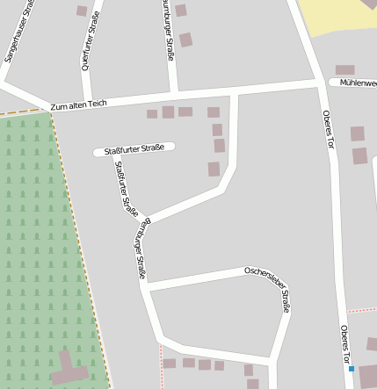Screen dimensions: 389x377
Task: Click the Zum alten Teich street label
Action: [78, 104]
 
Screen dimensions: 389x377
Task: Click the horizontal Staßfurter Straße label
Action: [134, 150]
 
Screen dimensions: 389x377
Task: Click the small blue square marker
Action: [352, 370]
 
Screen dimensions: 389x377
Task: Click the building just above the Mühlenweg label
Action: [344, 69]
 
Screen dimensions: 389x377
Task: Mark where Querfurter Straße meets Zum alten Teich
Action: [87, 99]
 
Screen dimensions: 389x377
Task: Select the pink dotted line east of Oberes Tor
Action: [361, 310]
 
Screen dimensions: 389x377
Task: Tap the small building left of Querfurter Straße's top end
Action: [82, 11]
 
